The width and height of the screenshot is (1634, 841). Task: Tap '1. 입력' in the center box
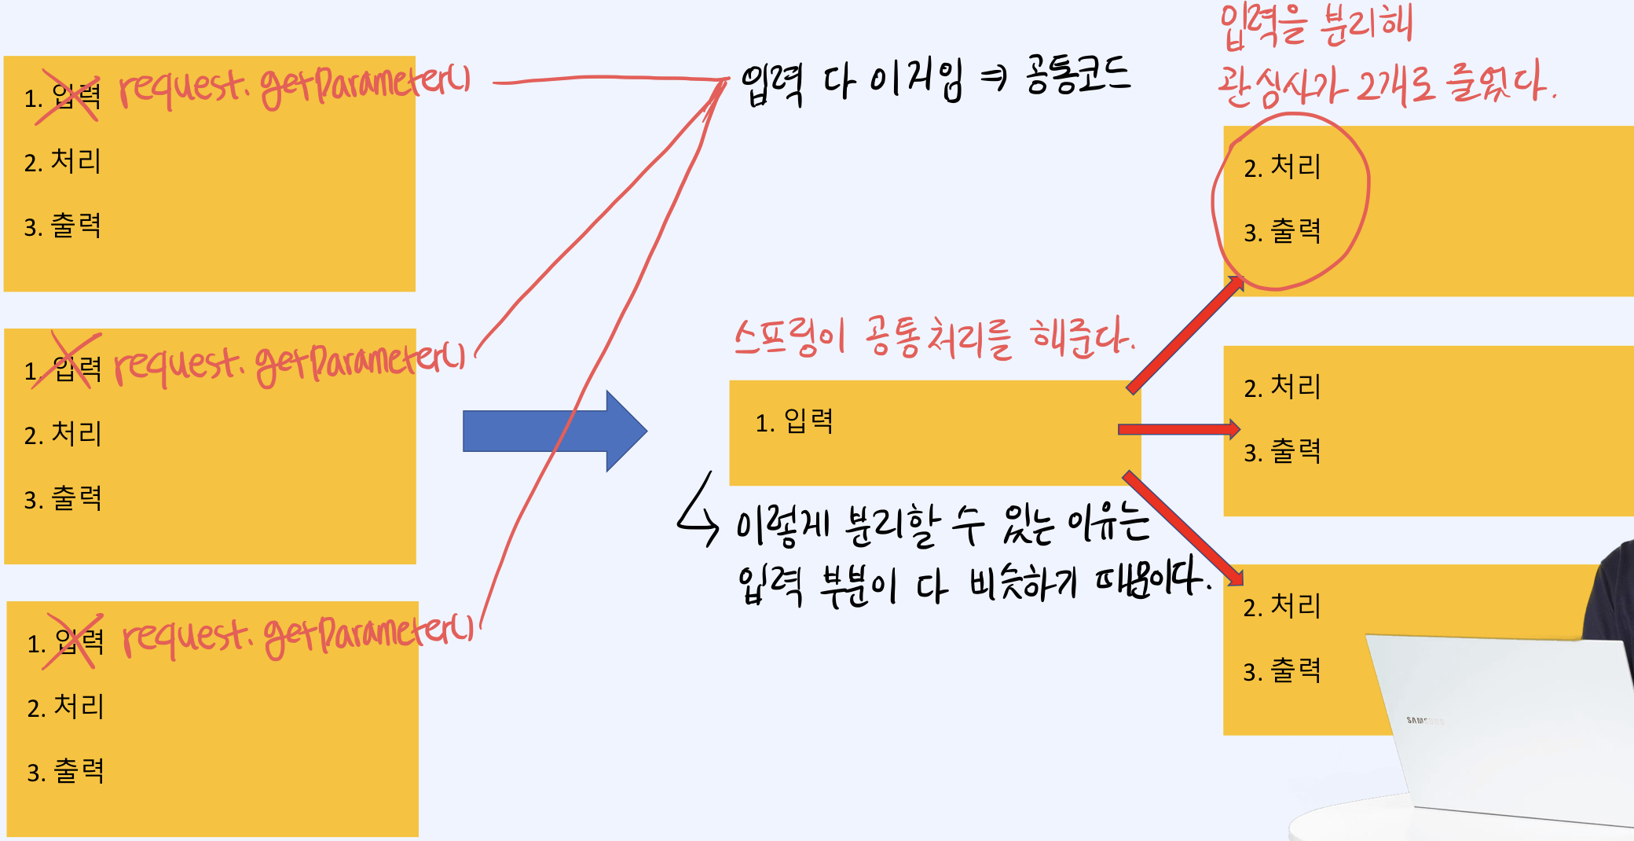(x=794, y=422)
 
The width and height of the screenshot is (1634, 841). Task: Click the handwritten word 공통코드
(x=1078, y=75)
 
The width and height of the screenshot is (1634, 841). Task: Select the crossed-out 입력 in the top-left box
(x=76, y=97)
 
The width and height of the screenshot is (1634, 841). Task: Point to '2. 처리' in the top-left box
(x=63, y=162)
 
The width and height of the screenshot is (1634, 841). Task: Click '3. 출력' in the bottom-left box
(x=65, y=772)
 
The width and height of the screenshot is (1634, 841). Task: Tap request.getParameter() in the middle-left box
(x=289, y=362)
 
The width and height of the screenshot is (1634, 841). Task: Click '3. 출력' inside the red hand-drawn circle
(x=1282, y=232)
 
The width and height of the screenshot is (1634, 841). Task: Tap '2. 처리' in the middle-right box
(x=1282, y=387)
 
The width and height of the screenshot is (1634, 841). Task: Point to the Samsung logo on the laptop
(x=1424, y=720)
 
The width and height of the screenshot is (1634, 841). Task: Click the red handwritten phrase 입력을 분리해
(x=1316, y=25)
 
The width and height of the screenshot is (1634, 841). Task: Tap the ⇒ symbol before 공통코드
(x=995, y=77)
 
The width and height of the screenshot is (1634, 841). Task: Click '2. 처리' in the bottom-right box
(x=1282, y=607)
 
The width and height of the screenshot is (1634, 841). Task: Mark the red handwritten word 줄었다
(x=1500, y=83)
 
